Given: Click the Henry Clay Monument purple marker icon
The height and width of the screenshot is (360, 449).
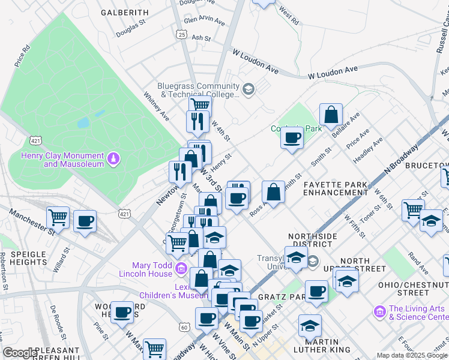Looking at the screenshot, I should point(113,158).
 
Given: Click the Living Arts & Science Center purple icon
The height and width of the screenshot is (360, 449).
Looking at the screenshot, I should point(379,311).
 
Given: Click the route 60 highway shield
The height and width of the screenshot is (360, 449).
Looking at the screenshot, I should point(184,327).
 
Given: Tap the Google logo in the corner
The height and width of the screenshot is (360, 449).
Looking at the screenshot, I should point(19,353).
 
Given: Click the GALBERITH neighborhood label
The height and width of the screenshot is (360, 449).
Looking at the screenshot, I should point(124,12).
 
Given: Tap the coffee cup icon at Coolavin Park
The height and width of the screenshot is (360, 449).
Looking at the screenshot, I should point(292,137).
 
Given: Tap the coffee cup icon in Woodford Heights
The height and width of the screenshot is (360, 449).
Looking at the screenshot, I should point(122,311).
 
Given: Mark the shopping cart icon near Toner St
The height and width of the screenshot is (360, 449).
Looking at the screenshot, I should point(413,210).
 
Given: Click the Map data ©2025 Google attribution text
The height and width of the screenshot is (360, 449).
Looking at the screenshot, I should point(412,355).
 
